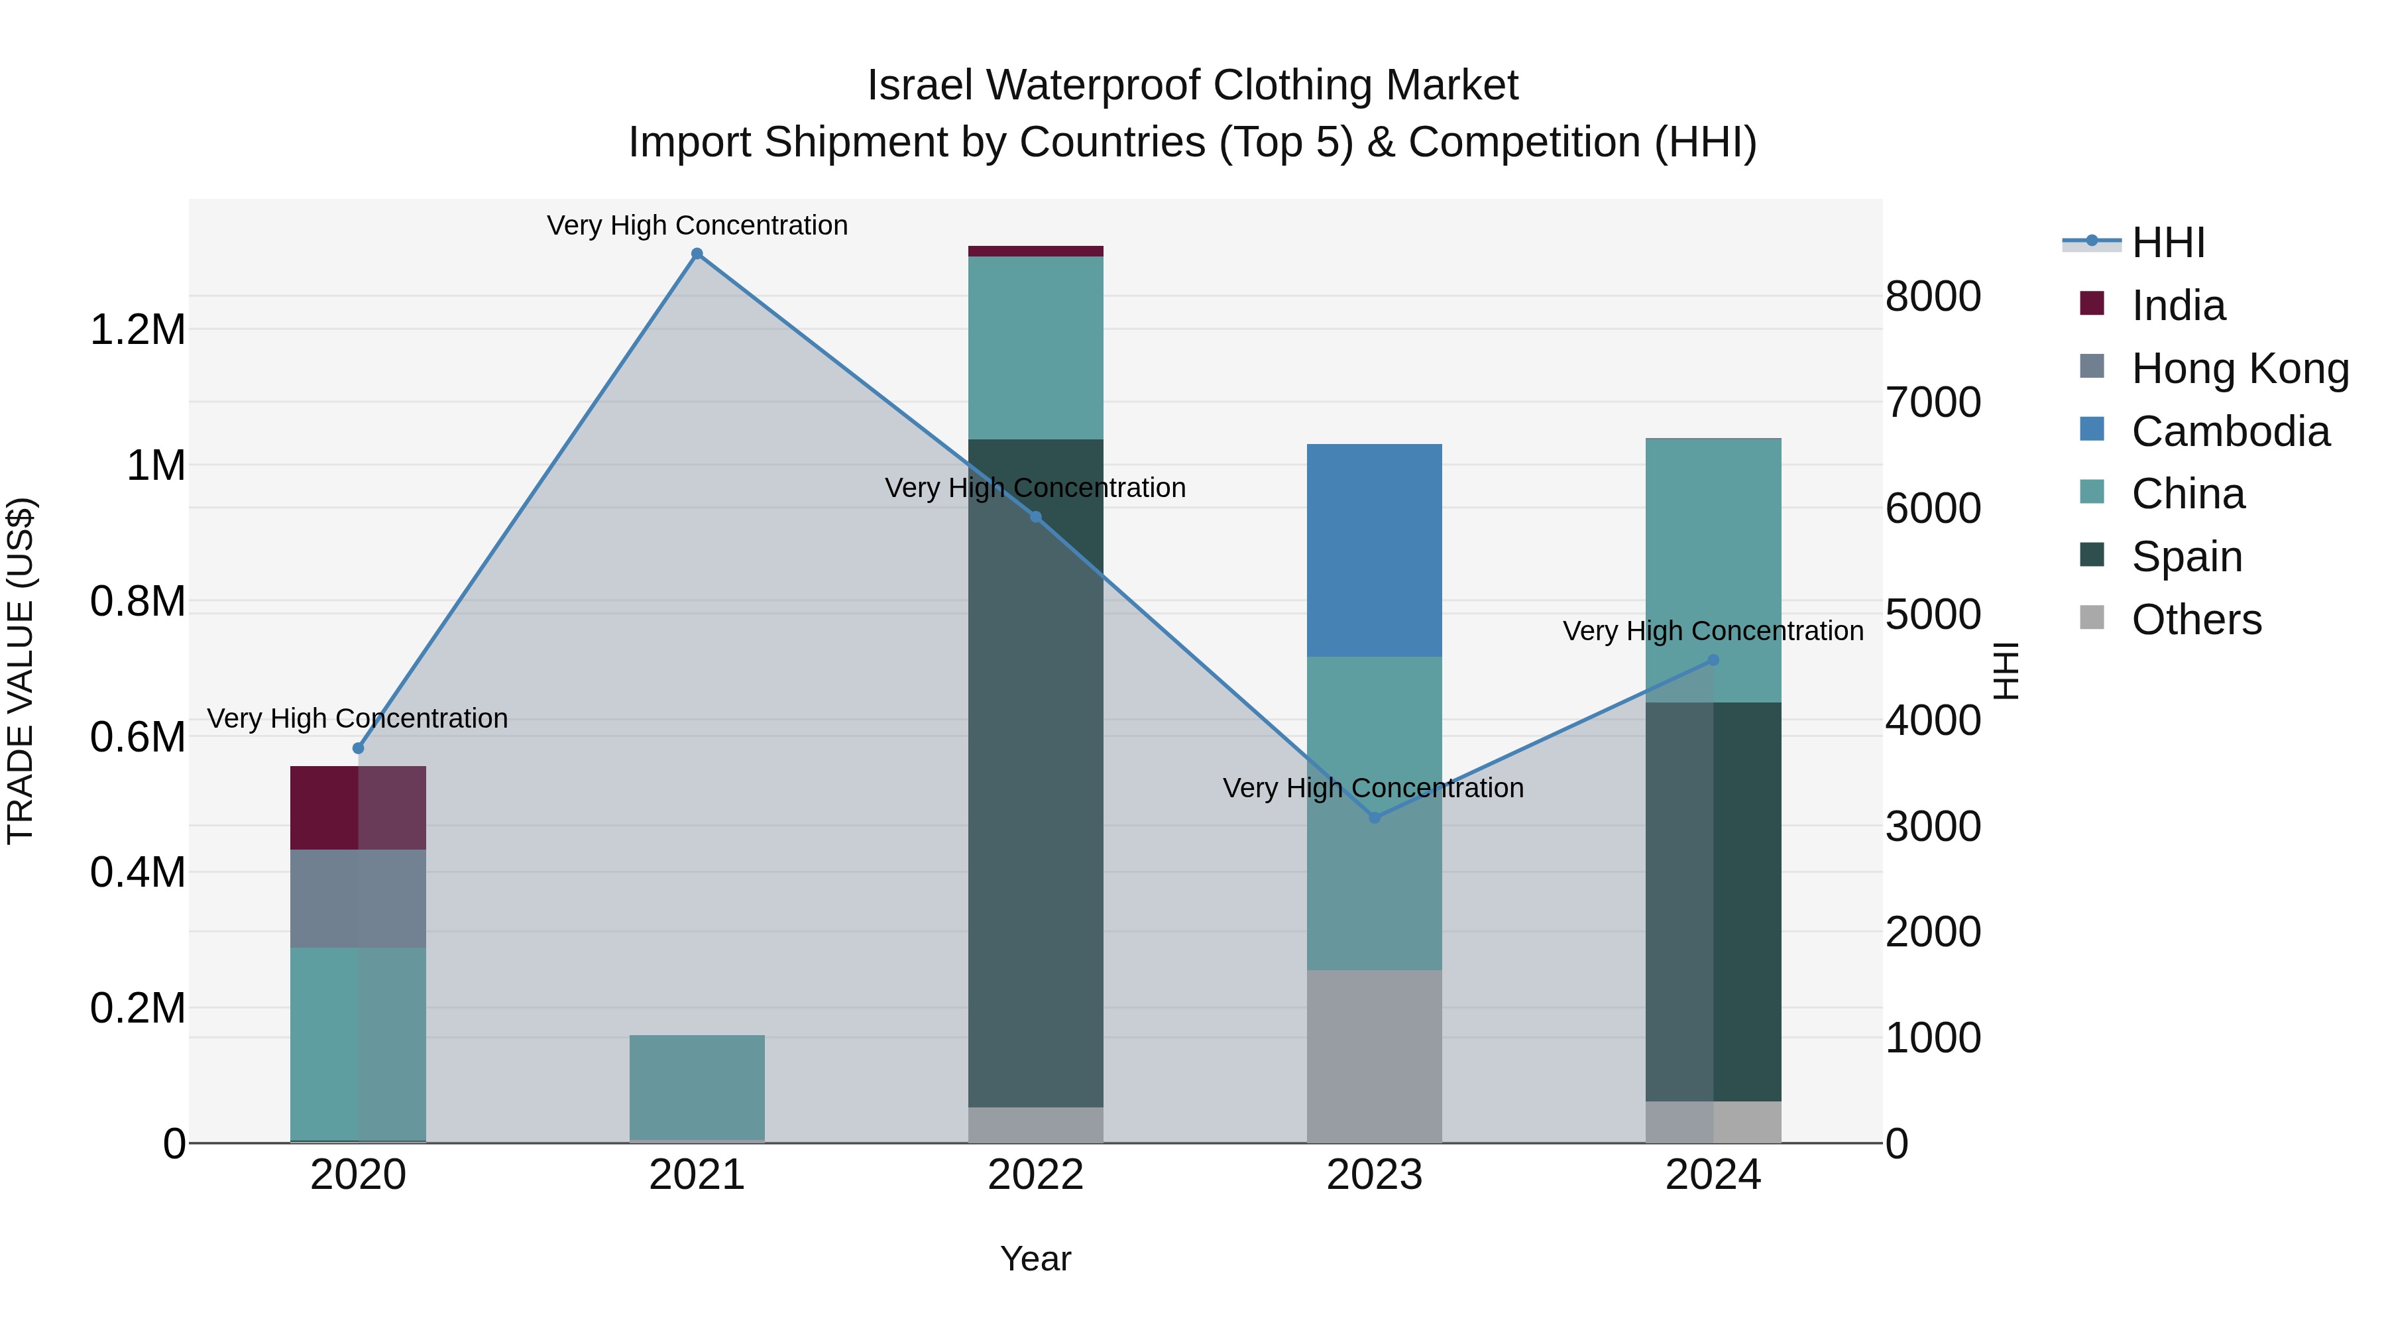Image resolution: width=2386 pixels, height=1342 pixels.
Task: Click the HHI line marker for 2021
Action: point(697,254)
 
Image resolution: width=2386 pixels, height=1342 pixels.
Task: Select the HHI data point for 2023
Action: point(1375,818)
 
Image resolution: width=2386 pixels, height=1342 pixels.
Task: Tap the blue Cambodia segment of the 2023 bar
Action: point(1375,550)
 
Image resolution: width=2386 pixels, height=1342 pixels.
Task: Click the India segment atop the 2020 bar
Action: point(359,808)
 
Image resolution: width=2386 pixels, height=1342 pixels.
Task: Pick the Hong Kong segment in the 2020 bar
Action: point(359,899)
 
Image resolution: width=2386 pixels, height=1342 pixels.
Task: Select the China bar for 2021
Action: point(697,1088)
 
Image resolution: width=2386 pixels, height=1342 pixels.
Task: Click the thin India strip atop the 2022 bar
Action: point(1035,251)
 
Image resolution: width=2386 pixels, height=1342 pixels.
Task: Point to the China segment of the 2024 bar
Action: point(1713,569)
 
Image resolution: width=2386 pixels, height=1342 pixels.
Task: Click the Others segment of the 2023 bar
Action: point(1375,1056)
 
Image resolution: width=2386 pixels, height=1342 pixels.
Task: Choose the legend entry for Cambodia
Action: point(2230,431)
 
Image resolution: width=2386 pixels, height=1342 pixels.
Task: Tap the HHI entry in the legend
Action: point(2167,243)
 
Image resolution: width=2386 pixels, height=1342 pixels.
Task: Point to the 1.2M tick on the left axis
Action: point(137,330)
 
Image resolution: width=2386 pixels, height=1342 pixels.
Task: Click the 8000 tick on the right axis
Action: point(1933,296)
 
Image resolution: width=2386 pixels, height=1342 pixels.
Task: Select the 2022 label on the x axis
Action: point(1035,1175)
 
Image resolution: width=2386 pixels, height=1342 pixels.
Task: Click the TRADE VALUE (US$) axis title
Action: point(21,671)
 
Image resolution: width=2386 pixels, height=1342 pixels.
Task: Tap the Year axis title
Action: point(1035,1258)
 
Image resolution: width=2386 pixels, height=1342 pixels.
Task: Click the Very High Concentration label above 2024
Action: point(1713,631)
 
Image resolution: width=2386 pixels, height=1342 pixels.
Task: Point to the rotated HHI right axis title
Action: point(2006,671)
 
